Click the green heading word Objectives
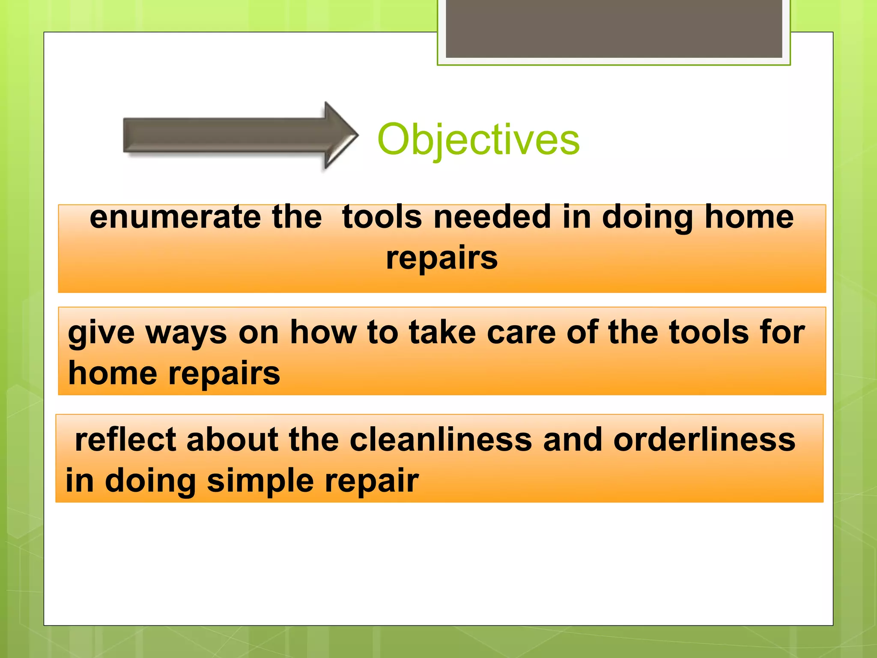pyautogui.click(x=478, y=139)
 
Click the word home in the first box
pyautogui.click(x=749, y=217)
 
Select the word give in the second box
pyautogui.click(x=101, y=333)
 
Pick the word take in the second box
pyautogui.click(x=442, y=333)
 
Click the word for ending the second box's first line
pyautogui.click(x=782, y=333)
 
